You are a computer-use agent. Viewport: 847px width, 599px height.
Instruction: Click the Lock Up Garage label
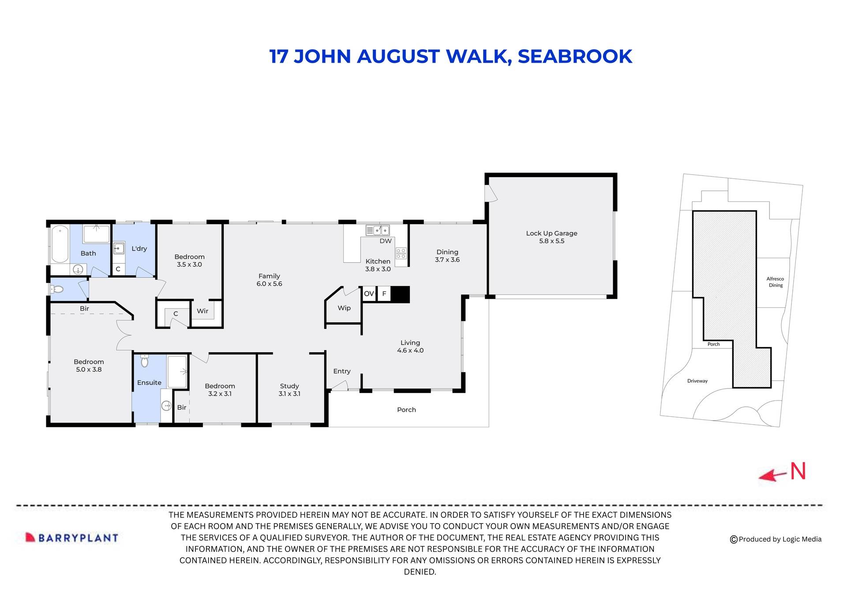coord(551,237)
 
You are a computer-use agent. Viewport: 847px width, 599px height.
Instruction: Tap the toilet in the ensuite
coord(144,362)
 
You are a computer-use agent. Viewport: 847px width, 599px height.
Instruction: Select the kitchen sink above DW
coord(378,230)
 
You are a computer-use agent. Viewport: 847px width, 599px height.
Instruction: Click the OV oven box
coord(369,294)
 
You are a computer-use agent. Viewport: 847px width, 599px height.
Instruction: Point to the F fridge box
coord(384,294)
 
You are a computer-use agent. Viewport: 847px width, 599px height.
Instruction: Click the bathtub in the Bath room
coord(59,244)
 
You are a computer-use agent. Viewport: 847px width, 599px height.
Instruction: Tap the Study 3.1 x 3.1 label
coord(289,390)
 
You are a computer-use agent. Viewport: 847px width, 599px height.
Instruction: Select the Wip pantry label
coord(344,308)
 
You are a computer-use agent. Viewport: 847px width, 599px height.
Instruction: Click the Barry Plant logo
coord(72,538)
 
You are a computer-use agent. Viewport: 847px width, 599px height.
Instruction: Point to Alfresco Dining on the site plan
coord(775,282)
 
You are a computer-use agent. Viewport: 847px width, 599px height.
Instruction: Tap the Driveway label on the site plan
coord(697,381)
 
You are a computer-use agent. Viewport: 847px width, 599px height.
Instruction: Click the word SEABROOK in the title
coord(575,57)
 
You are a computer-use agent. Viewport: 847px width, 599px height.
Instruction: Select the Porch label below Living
coord(406,410)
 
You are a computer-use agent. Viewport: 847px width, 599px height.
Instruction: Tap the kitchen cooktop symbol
coord(401,253)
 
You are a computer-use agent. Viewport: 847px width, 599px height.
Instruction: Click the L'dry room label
coord(139,249)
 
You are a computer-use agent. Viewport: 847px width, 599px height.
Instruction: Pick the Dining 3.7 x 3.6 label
coord(447,256)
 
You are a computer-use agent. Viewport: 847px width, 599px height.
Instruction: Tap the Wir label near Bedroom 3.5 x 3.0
coord(202,311)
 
